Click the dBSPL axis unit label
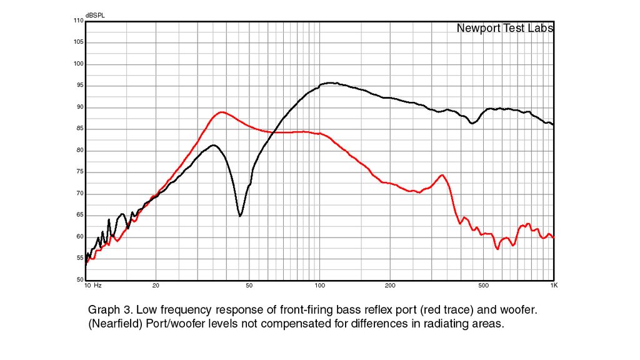95,16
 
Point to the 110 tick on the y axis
78,21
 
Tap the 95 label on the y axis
80,85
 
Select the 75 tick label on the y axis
80,172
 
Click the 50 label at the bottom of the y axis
80,280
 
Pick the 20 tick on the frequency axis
156,286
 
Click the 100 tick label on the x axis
320,286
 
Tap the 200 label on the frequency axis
390,286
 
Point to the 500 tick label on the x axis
483,286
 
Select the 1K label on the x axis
554,286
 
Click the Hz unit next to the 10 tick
98,286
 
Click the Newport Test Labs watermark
505,28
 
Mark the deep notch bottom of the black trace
240,216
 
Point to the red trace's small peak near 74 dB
442,175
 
